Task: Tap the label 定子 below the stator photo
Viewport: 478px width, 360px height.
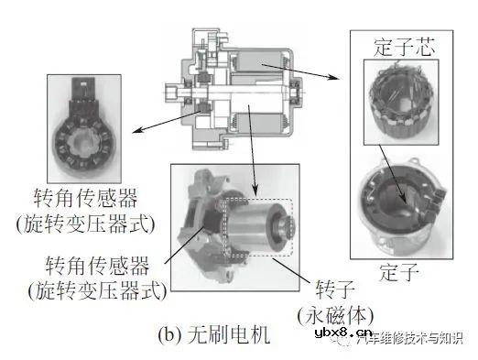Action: [401, 272]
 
